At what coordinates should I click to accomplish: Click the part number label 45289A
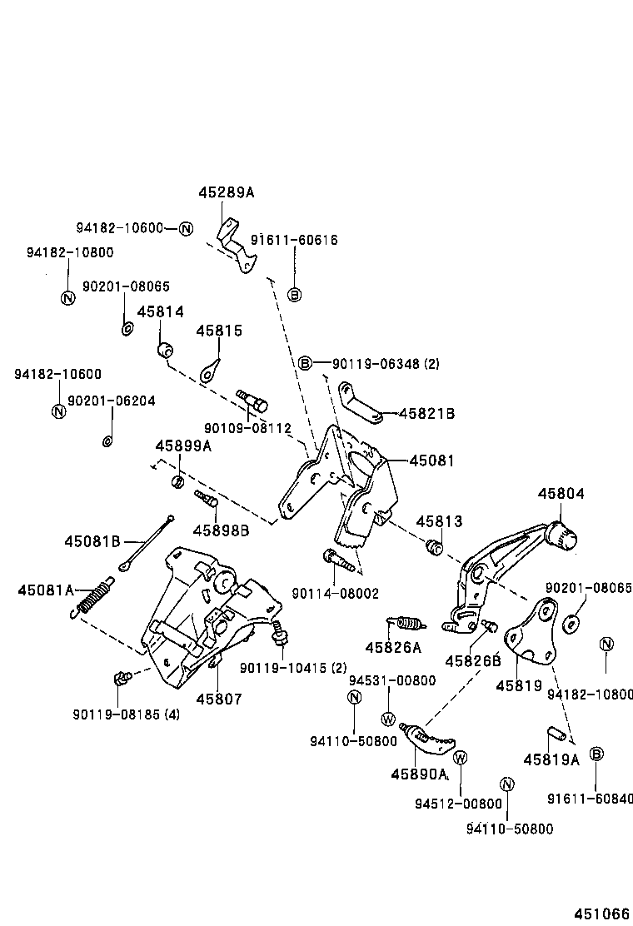click(x=226, y=192)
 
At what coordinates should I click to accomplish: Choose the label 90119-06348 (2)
click(x=386, y=364)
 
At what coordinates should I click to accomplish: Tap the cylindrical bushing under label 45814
click(x=164, y=348)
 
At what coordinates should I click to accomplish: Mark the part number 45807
click(x=219, y=699)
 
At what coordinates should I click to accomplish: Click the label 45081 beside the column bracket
click(x=431, y=461)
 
